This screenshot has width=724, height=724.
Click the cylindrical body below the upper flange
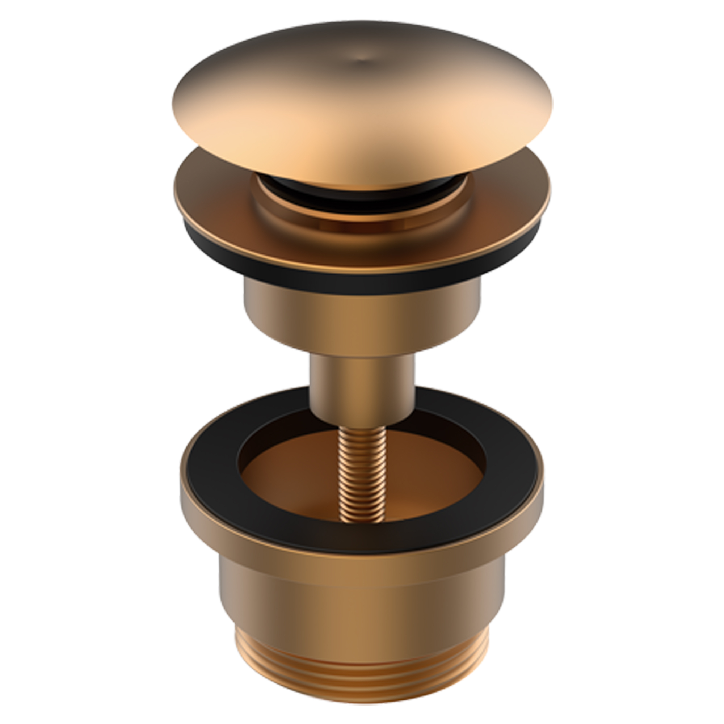coord(362,319)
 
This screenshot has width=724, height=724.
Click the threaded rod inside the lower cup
coord(362,476)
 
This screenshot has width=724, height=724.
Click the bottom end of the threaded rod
coord(362,519)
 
